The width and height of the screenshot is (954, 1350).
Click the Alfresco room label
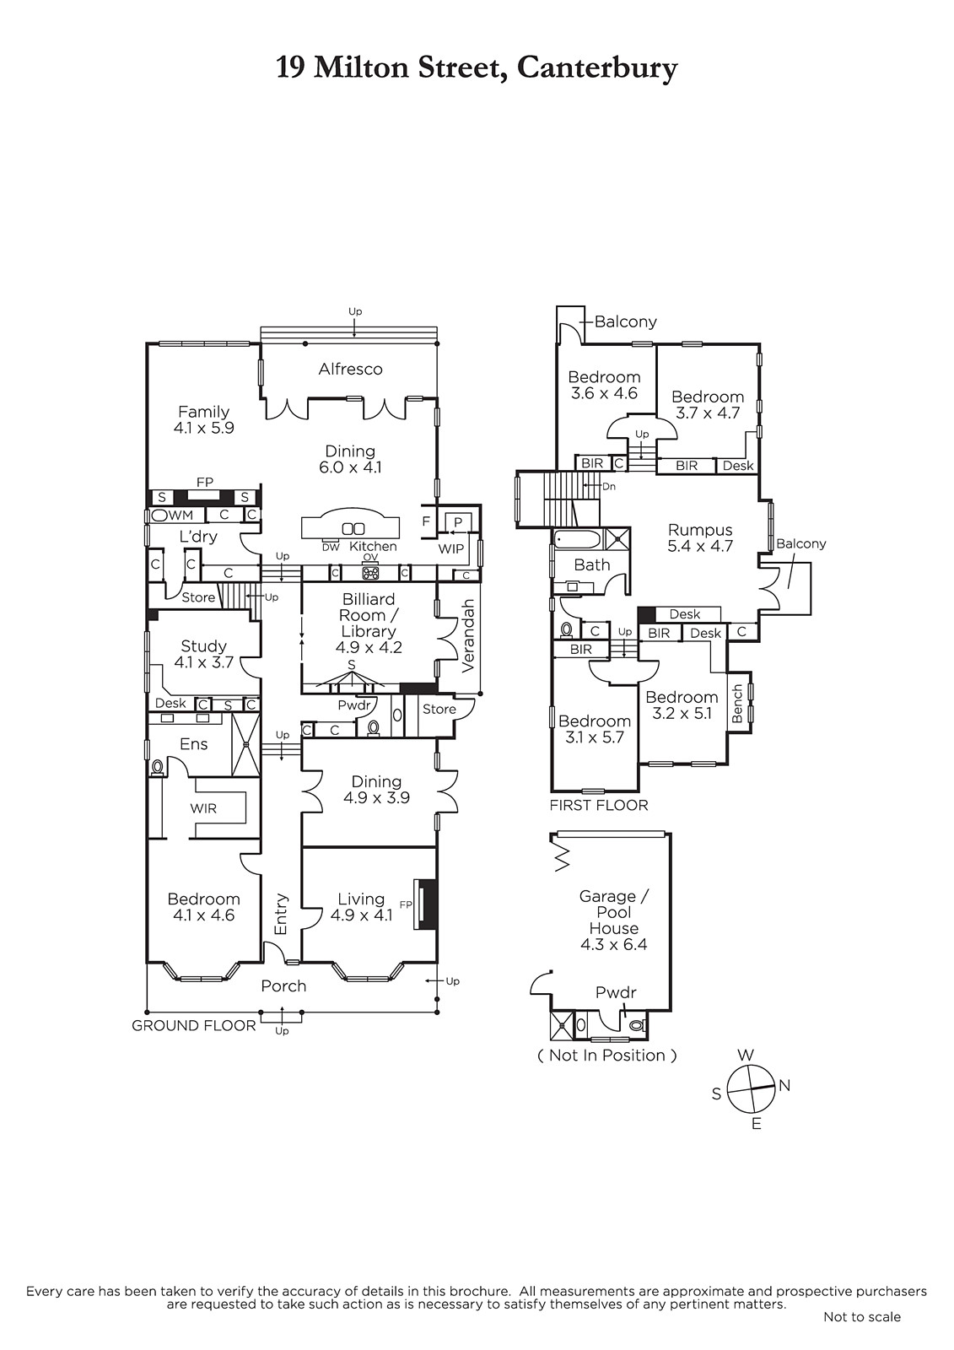(x=350, y=369)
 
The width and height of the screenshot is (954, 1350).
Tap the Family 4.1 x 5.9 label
(x=203, y=420)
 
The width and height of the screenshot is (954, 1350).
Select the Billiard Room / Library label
(x=369, y=624)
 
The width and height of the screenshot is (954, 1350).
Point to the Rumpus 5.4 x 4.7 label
(x=700, y=538)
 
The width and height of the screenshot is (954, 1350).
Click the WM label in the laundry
(x=181, y=516)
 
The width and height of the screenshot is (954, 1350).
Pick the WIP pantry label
(x=450, y=549)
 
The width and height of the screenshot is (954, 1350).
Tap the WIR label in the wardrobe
(x=203, y=809)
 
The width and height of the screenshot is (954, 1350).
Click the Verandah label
(x=468, y=636)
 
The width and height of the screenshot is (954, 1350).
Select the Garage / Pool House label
(x=613, y=921)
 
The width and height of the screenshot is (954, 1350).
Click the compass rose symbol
(x=751, y=1089)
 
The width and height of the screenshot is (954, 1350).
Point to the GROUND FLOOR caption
(x=194, y=1025)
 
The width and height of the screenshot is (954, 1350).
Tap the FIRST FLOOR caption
(x=599, y=805)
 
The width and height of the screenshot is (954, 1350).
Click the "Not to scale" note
(x=862, y=1317)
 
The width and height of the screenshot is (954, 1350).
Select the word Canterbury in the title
(x=597, y=67)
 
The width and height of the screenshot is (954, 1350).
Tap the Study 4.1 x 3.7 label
(x=203, y=654)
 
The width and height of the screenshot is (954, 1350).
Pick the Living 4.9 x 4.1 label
(x=361, y=907)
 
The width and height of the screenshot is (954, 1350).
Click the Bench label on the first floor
(x=737, y=704)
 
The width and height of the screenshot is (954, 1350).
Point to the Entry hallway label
(x=281, y=915)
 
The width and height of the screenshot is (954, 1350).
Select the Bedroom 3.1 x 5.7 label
(x=595, y=729)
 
